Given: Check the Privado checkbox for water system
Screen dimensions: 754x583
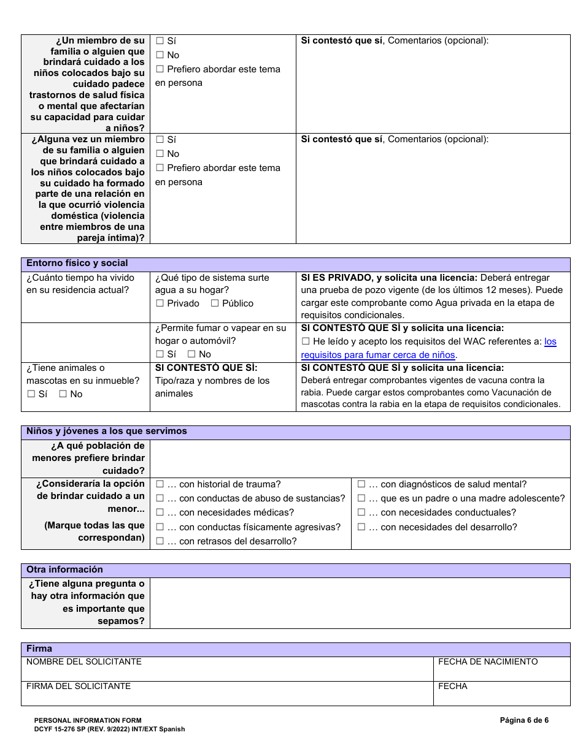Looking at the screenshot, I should coord(160,303).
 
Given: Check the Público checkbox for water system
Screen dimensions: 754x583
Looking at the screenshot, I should coord(215,303).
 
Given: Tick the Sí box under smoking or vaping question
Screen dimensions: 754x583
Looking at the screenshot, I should coord(160,354).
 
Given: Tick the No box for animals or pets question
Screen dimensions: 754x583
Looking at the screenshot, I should coord(63,394).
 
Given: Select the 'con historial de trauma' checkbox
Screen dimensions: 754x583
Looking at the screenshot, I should coord(160,484).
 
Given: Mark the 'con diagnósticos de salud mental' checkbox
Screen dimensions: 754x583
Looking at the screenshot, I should coord(361,484).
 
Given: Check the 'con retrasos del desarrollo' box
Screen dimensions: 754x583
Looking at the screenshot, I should coord(160,541).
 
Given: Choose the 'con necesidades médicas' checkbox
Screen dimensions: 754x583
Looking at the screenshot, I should coord(160,512).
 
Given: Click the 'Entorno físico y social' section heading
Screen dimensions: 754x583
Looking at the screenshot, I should coord(77,264).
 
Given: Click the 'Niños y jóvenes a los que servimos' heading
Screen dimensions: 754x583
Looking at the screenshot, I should coord(107,432).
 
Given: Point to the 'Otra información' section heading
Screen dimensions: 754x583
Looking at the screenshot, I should coord(64,570).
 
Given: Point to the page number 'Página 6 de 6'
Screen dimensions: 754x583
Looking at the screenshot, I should coord(524,720).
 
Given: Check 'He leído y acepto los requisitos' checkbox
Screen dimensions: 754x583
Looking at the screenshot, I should coord(306,341).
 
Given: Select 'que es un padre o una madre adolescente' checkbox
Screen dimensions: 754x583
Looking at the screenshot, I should coord(361,498).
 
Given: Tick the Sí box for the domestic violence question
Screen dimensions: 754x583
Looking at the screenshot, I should coord(160,140).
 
